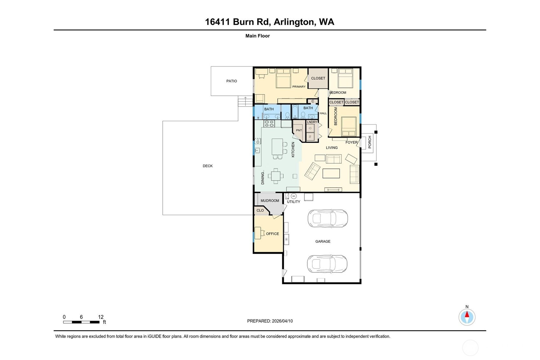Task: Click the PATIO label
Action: [x=231, y=81]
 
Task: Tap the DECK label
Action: [x=208, y=166]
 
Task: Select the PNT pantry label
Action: [x=299, y=130]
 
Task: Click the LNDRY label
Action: [x=312, y=122]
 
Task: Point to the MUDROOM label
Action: [x=270, y=201]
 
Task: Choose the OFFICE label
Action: [x=273, y=234]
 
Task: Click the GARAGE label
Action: [x=323, y=241]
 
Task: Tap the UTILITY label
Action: [x=293, y=202]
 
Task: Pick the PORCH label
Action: [x=370, y=142]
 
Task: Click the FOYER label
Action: [x=352, y=142]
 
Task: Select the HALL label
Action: [x=323, y=113]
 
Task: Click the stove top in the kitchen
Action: [x=269, y=124]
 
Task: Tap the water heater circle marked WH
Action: [x=294, y=196]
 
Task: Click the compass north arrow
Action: [x=467, y=314]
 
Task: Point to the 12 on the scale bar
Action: [x=101, y=317]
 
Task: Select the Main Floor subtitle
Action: [x=258, y=36]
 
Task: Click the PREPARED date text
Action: [x=270, y=321]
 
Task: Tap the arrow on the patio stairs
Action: [x=245, y=101]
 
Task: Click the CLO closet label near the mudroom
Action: [x=260, y=210]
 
